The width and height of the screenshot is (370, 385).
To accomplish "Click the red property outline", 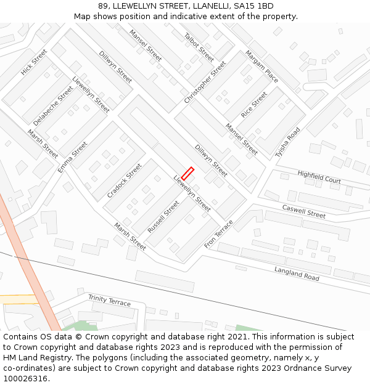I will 187,174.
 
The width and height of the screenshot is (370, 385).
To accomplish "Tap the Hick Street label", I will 34,62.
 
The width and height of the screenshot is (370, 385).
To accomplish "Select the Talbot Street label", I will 199,47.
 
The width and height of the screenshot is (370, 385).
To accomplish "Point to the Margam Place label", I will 261,66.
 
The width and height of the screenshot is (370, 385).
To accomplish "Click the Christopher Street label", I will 205,82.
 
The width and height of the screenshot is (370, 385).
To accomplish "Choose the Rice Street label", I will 254,105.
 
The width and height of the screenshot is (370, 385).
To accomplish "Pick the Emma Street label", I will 73,157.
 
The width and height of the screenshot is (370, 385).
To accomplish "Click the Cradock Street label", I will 124,180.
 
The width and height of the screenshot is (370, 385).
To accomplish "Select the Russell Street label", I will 163,216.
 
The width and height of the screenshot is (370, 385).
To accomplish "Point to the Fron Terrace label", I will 219,234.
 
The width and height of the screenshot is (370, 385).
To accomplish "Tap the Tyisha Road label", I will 288,143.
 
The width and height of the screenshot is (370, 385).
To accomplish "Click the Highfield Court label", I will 319,177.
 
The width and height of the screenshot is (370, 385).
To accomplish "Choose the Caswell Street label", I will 303,211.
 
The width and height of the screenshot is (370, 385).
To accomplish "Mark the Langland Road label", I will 297,274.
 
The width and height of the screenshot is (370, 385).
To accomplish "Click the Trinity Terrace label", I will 109,300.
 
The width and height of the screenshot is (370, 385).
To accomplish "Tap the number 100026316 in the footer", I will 25,378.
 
